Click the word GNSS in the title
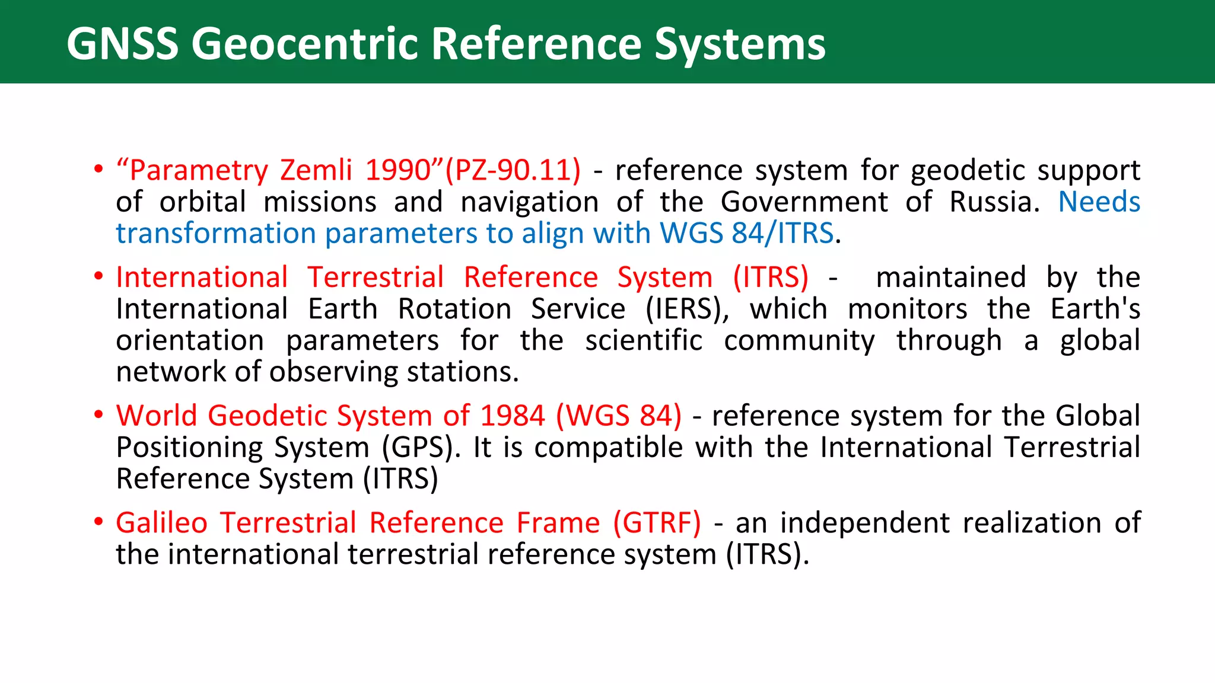tap(122, 44)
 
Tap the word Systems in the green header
tap(739, 45)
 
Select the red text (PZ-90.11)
tap(513, 170)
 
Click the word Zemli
tap(316, 170)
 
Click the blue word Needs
tap(1099, 202)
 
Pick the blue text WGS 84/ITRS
tap(747, 233)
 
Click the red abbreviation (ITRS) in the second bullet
tap(771, 277)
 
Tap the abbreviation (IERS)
tap(687, 309)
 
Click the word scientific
tap(644, 340)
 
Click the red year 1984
tap(512, 416)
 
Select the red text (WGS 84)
tap(619, 416)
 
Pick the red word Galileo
tap(161, 523)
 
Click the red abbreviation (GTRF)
tap(657, 523)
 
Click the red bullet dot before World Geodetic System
tap(98, 414)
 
